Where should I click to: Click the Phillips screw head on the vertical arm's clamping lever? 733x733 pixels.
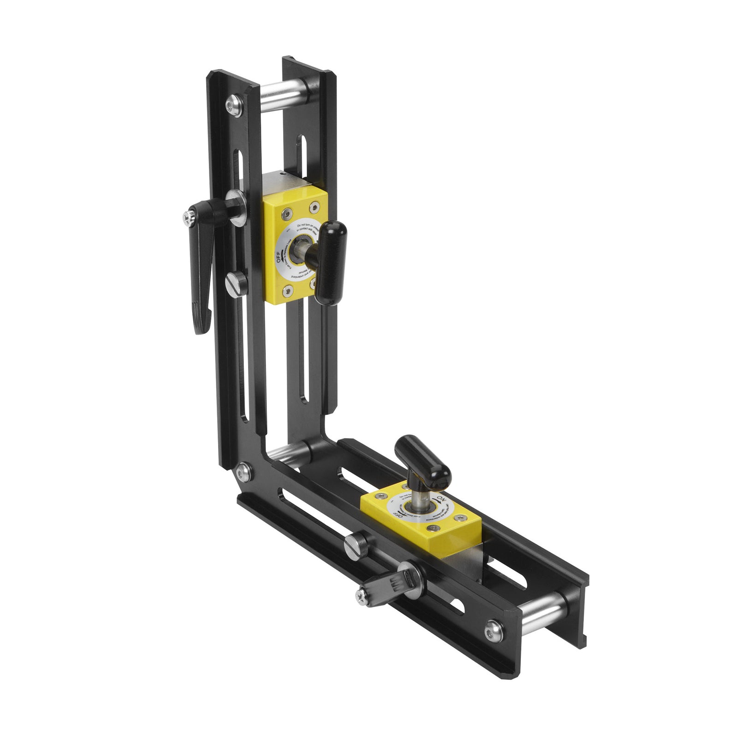pos(187,218)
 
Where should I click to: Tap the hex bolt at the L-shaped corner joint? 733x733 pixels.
pos(244,471)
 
